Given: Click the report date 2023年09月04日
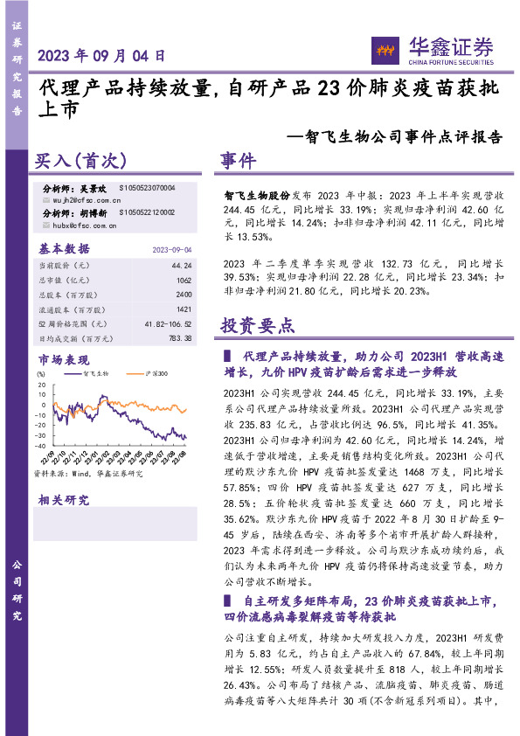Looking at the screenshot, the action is tap(101, 54).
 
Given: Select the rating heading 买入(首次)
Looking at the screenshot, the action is tap(81, 163).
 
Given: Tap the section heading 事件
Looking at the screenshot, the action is tap(238, 162).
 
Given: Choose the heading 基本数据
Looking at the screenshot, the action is tap(65, 248).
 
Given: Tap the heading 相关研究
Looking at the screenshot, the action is tap(64, 500).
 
